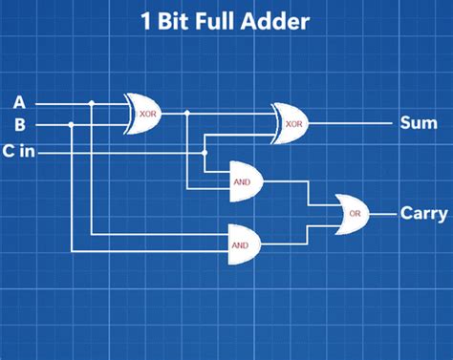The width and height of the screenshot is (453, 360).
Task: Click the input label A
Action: click(x=19, y=101)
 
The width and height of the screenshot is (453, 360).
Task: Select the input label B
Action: click(x=19, y=124)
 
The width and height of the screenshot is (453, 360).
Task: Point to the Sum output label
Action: click(x=417, y=123)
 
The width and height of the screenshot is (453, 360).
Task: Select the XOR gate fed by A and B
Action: click(x=145, y=113)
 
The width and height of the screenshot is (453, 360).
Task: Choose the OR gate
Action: click(x=354, y=212)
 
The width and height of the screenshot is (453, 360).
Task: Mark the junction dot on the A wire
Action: click(x=91, y=102)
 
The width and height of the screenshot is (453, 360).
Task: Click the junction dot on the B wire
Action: click(x=72, y=124)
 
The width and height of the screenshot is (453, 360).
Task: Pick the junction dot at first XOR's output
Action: click(x=187, y=114)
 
